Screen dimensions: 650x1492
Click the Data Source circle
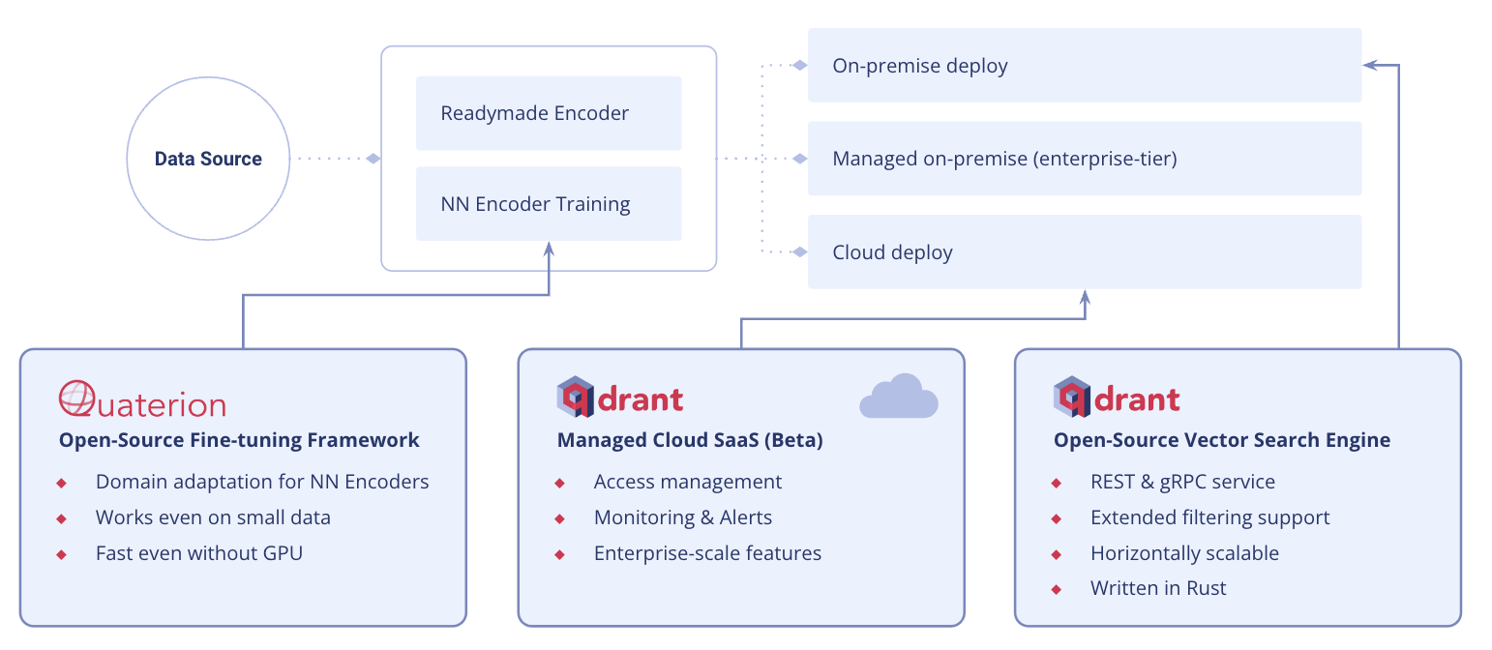[208, 160]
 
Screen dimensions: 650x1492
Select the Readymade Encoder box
[549, 113]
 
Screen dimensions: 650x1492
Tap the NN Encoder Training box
[549, 204]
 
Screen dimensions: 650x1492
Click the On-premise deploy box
[1084, 66]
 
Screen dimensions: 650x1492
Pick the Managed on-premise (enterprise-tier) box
[1084, 159]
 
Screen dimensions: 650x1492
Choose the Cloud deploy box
[1084, 252]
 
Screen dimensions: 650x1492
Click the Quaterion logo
[142, 399]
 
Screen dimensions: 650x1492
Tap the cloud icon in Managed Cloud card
[899, 397]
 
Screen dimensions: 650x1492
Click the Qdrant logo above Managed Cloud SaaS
[620, 398]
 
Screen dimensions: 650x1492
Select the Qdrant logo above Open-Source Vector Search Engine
[1117, 398]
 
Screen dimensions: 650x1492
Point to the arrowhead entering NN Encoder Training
[549, 249]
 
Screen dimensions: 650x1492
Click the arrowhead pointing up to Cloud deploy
[1085, 296]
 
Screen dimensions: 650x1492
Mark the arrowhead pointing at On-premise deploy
[1369, 65]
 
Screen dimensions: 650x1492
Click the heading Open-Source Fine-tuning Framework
[239, 440]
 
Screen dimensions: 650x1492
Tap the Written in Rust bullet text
[1158, 588]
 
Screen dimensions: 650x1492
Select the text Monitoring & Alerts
[683, 517]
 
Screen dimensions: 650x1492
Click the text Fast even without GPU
[198, 553]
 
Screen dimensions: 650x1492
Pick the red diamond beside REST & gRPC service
[1056, 483]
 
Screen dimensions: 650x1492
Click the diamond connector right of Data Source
[373, 159]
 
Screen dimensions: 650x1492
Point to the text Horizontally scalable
[1184, 553]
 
